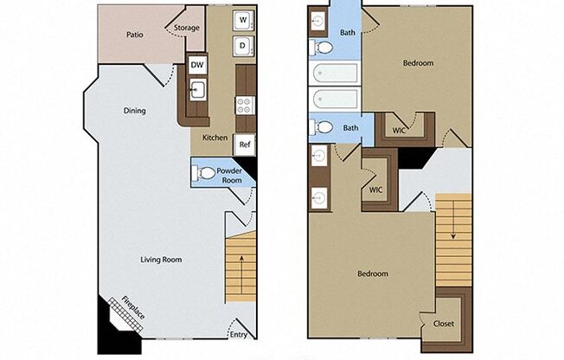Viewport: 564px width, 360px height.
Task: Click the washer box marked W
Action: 244,20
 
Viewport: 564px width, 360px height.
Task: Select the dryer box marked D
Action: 244,46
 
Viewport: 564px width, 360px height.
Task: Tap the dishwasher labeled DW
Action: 197,65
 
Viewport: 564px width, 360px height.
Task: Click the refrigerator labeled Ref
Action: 245,145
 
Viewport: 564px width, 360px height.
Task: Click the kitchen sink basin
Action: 197,89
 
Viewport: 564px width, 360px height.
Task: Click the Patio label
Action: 135,35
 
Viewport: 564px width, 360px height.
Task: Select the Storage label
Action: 187,28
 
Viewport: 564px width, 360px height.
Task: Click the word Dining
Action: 135,111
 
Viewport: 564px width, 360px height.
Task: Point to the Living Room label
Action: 161,260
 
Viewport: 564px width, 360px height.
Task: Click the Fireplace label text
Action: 133,307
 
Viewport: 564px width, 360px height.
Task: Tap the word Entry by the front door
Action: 239,335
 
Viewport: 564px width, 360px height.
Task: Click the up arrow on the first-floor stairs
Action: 241,274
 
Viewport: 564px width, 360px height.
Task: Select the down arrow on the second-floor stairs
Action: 453,220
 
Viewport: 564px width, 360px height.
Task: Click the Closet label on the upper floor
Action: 444,324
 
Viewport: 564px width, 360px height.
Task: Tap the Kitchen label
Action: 215,138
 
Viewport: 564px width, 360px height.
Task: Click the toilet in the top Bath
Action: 322,48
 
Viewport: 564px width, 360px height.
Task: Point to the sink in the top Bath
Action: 317,21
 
